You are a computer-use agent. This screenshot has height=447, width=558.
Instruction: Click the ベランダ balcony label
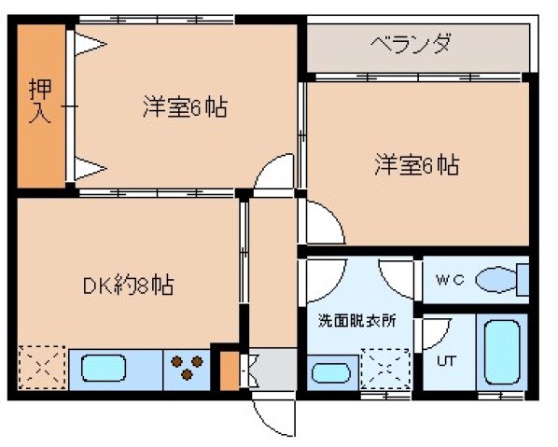[412, 43]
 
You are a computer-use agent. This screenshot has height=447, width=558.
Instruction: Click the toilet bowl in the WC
[495, 279]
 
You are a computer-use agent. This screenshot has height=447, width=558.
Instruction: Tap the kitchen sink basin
[104, 369]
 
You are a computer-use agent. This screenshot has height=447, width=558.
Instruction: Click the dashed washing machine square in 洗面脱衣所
[384, 367]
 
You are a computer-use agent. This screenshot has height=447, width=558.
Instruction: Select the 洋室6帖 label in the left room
[185, 107]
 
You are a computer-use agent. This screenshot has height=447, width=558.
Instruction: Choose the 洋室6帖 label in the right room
[416, 165]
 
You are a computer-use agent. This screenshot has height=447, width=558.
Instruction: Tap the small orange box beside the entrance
[228, 370]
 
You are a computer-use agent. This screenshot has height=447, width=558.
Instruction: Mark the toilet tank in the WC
[523, 279]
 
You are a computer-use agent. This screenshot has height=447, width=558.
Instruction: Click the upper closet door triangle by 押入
[90, 43]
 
